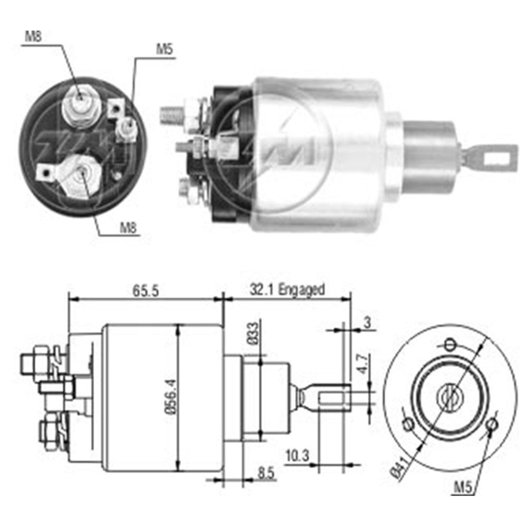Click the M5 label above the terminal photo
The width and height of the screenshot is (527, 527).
coord(165,50)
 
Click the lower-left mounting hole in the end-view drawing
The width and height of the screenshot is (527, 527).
coord(407,423)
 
